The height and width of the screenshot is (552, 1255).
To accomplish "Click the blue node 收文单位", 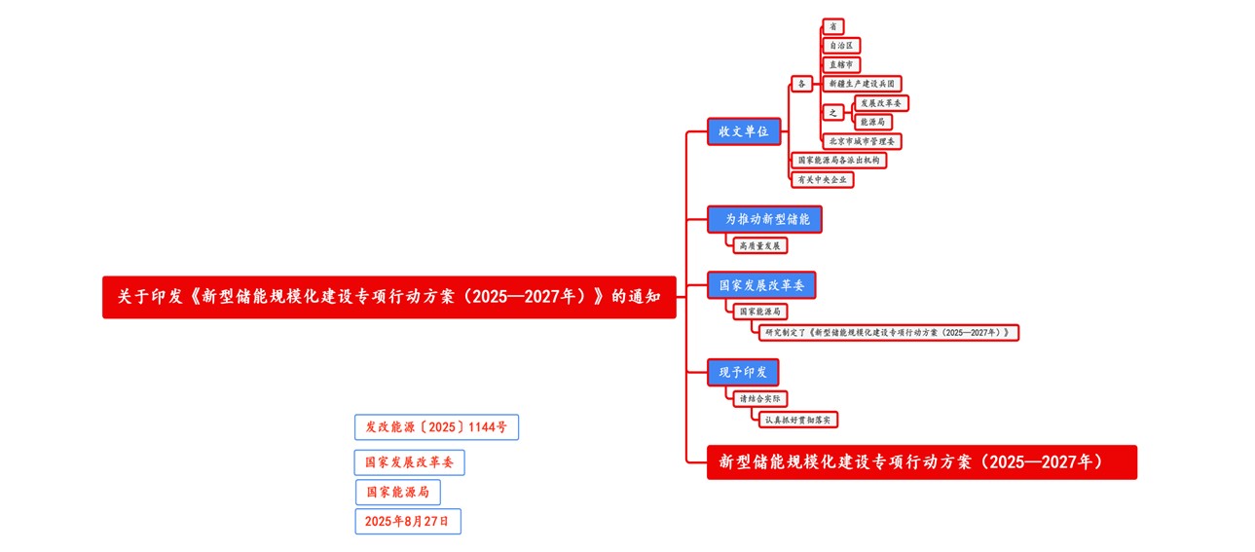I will (x=744, y=131).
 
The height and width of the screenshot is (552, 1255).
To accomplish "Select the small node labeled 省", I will (x=832, y=26).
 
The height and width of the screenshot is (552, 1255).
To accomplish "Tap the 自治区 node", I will (x=841, y=46).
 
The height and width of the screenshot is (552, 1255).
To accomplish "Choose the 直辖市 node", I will (x=841, y=64).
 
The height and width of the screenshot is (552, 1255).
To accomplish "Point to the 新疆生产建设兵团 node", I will (x=862, y=84).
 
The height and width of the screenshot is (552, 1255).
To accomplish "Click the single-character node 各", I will (x=801, y=84).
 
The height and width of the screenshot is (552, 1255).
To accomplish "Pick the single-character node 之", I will (x=832, y=112).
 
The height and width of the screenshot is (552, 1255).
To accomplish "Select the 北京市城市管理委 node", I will (x=862, y=141).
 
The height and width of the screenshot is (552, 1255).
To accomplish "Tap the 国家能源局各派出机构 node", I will (x=837, y=160).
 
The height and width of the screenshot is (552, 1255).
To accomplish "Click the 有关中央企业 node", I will (x=822, y=179).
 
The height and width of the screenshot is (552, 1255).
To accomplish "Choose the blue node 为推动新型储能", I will (x=765, y=219).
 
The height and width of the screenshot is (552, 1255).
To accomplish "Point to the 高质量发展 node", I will (x=759, y=245).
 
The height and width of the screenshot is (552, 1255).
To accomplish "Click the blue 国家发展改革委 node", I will (x=761, y=285).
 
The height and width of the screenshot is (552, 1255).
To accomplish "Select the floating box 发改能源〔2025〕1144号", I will (x=435, y=427).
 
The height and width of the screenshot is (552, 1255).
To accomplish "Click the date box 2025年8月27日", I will (x=407, y=522).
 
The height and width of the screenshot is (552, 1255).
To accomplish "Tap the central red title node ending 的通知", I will (x=388, y=297).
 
